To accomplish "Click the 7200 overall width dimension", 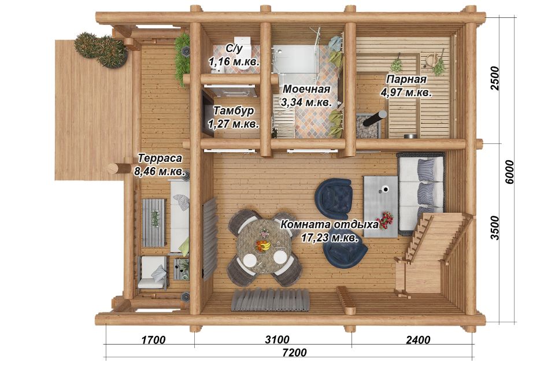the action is click(294, 353).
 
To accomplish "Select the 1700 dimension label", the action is click(154, 340).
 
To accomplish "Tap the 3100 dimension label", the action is click(277, 339).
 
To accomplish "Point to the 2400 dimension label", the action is click(418, 340).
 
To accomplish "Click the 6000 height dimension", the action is click(509, 172).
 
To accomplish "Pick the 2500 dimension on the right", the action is click(495, 78).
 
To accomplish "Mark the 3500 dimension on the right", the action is click(495, 228).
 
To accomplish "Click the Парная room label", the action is click(406, 79).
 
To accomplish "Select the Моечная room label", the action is click(306, 89).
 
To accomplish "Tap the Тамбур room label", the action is click(234, 111).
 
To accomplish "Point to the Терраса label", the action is click(160, 158).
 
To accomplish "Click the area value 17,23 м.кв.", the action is click(330, 238).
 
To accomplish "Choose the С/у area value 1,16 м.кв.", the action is click(234, 62).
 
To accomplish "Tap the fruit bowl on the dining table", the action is click(263, 245).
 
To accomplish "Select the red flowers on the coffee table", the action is click(386, 221).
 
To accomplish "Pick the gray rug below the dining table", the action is click(271, 299).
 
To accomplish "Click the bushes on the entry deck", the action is click(101, 50).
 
